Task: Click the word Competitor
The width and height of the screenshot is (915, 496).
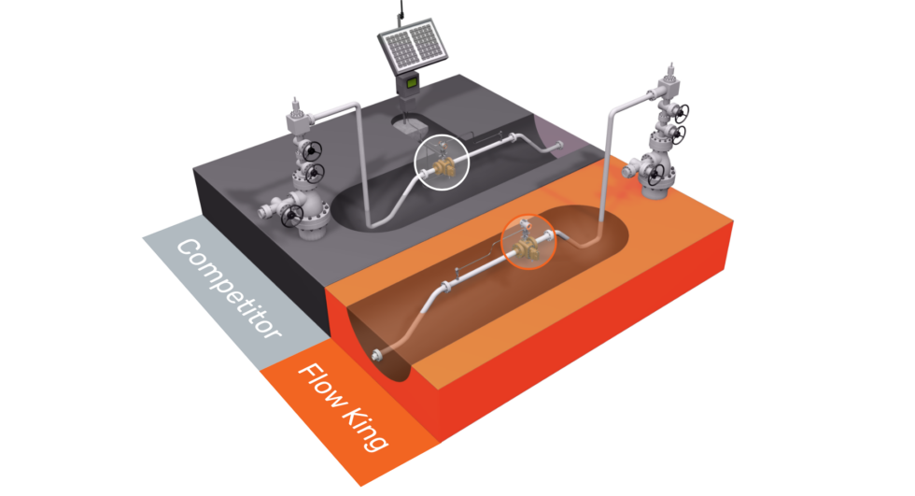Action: coord(229,289)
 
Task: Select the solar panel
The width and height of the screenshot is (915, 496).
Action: coord(413,47)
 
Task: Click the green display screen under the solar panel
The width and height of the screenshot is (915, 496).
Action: coord(412,83)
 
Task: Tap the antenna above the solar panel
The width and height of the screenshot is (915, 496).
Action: coord(401,10)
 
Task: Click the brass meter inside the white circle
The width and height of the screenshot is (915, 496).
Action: coord(444,167)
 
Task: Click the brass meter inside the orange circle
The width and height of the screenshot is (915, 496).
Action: coord(527,248)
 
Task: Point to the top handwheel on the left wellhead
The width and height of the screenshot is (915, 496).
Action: coord(312,150)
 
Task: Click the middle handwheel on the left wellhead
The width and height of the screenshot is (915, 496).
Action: coord(316,172)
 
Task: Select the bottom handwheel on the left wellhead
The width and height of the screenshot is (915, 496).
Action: coord(292,216)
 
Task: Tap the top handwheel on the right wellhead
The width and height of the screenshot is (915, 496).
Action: coord(681,111)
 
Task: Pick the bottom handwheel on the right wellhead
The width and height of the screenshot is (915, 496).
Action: coord(656,174)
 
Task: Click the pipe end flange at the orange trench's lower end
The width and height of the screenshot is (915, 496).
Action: coord(376,354)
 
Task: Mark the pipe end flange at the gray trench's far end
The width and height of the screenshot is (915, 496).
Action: coord(559,145)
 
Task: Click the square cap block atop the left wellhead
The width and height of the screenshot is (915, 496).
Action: coord(297,122)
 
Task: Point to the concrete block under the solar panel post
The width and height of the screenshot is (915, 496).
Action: coord(409,123)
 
